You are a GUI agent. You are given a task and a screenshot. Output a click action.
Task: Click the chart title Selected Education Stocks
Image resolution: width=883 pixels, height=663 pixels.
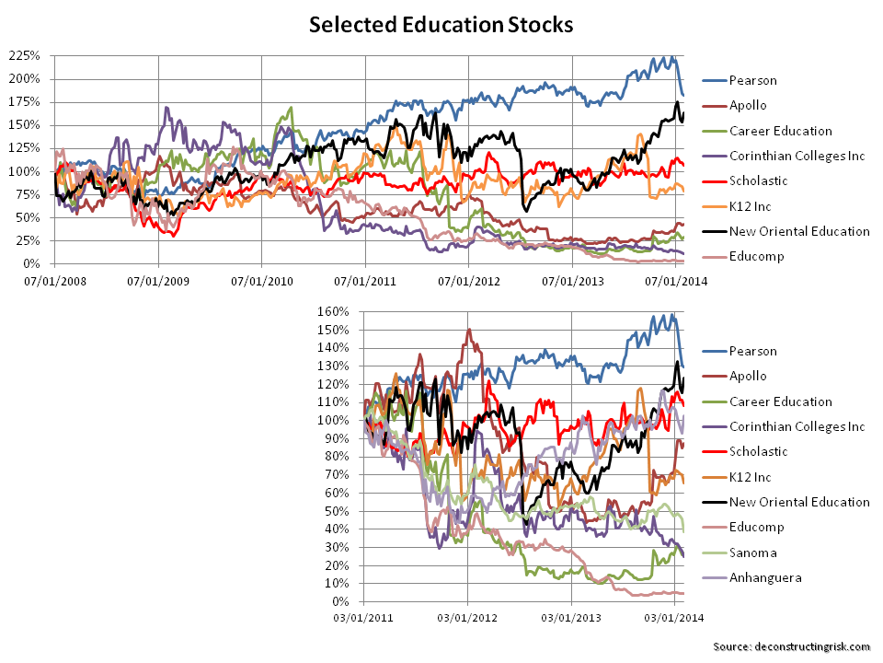coord(441,25)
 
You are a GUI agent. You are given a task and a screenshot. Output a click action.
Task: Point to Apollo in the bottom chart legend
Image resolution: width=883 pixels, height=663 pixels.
coord(749,376)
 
